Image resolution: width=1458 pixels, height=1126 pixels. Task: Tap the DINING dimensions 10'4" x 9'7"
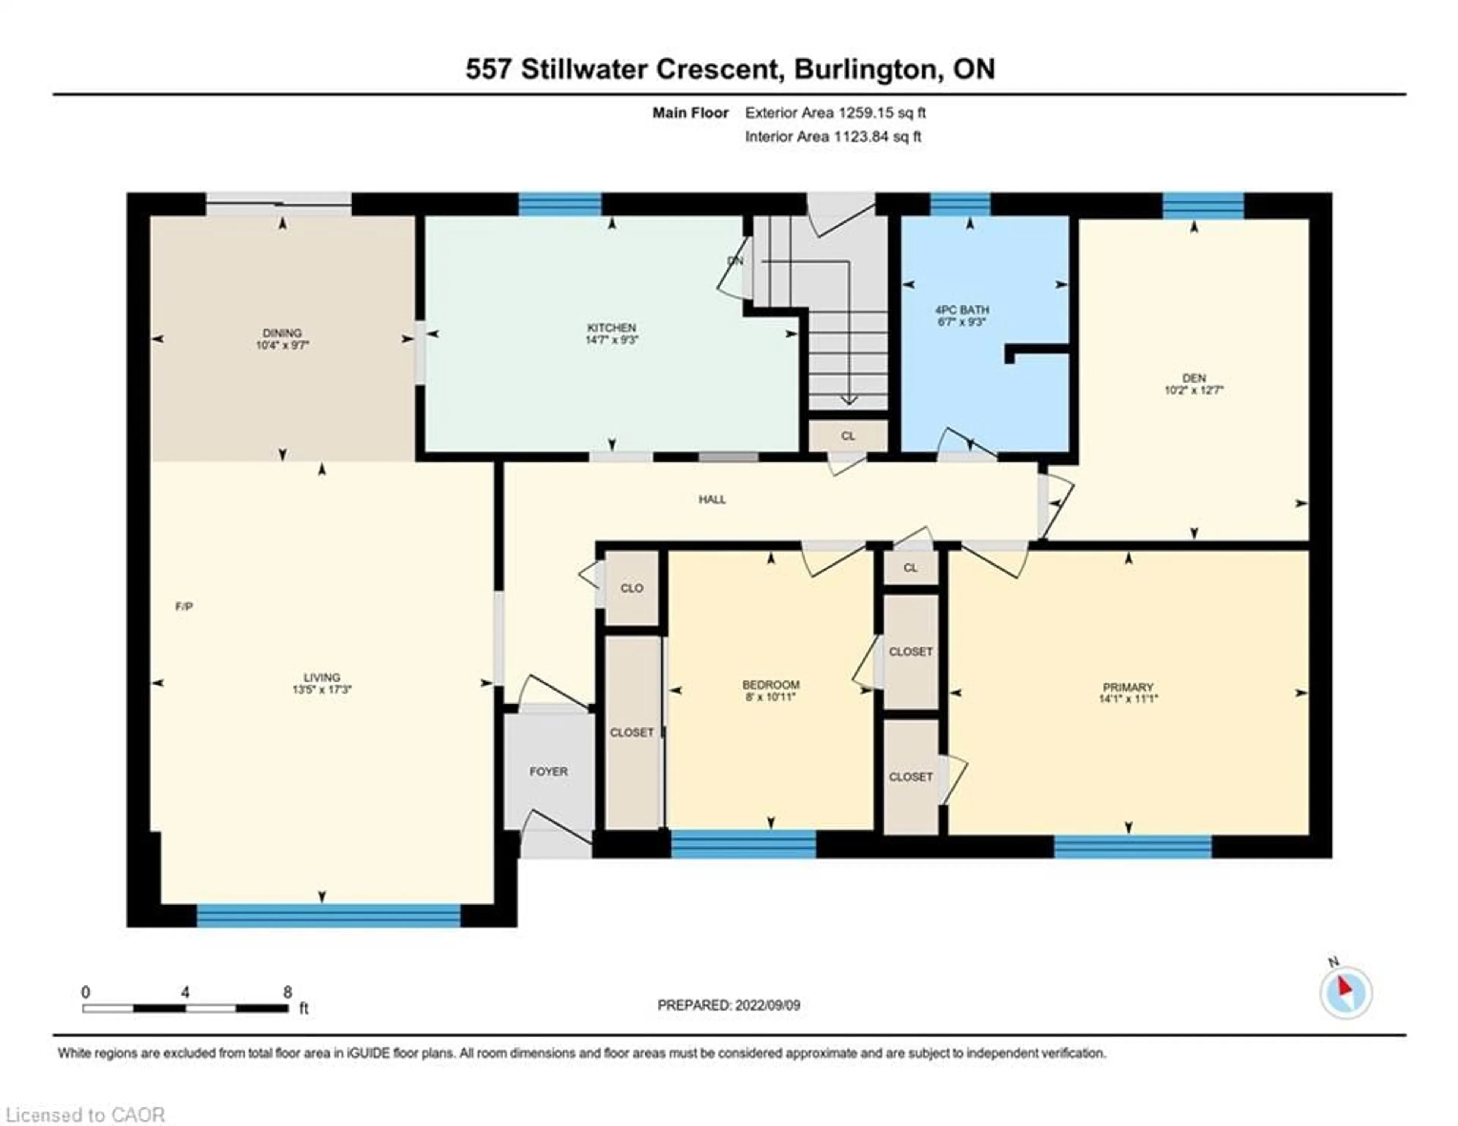point(282,345)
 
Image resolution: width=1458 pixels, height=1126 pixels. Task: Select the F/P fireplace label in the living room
point(184,606)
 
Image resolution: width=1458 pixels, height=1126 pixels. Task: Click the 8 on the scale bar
point(287,992)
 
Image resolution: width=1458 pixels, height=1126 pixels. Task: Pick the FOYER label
point(548,771)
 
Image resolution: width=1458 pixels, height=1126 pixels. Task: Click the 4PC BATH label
point(962,310)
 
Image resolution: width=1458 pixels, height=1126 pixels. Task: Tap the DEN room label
point(1194,378)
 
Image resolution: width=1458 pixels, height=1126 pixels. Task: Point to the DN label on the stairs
point(735,261)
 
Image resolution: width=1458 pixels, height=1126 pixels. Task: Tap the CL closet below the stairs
point(848,435)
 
